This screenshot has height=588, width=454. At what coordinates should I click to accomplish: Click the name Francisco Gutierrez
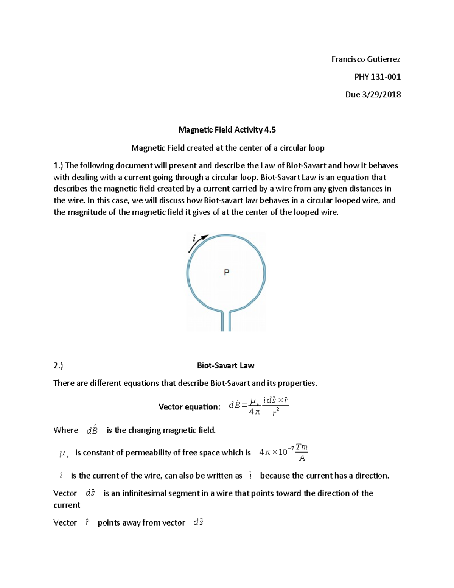coord(365,59)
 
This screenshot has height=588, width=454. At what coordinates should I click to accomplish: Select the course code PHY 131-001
coord(377,77)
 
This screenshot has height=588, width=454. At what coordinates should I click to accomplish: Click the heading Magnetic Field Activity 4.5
coord(227,130)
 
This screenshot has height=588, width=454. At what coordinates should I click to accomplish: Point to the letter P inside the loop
coord(227,272)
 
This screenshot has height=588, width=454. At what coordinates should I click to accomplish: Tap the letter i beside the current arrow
coord(194,239)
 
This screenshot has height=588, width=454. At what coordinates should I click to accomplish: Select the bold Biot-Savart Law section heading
coord(225,365)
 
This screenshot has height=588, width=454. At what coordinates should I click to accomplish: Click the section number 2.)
coord(58,365)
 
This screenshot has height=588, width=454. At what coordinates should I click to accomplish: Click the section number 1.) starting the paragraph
coord(59,165)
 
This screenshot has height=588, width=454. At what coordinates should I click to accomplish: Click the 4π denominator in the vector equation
coord(255,412)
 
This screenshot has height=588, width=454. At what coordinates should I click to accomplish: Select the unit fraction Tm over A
coord(302,453)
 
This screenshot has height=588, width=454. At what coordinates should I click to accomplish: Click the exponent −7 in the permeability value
coord(291,449)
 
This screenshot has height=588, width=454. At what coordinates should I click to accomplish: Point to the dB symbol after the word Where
coord(92,430)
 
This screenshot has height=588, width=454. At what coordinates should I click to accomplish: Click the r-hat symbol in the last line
coord(87,522)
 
